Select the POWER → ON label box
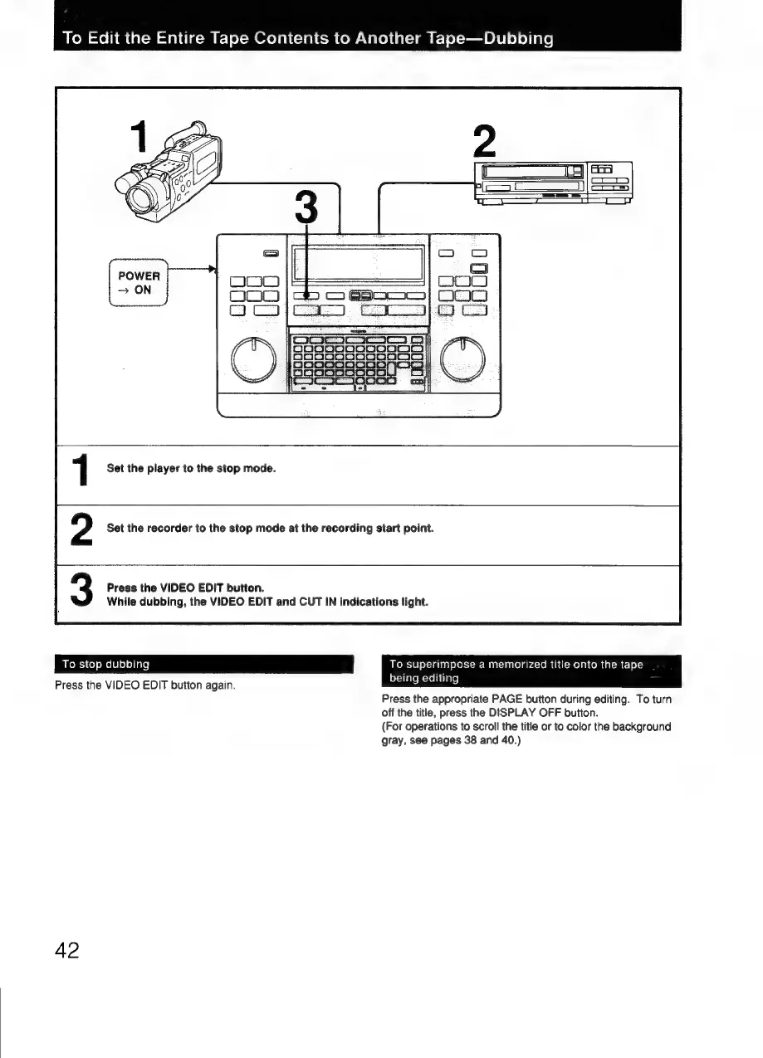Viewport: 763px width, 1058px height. tap(139, 283)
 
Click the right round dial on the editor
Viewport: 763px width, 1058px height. tap(462, 358)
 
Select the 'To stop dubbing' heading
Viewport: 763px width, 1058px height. tap(106, 664)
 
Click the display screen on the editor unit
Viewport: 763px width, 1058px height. tap(358, 267)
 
